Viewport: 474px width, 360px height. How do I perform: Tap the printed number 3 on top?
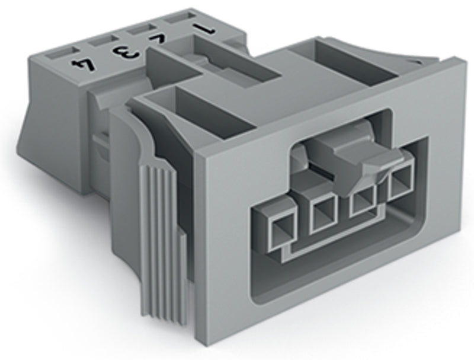124,52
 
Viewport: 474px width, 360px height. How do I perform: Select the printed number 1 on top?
204,28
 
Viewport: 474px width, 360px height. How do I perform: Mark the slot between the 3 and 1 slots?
140,30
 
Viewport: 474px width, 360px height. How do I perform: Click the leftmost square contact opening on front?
282,232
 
